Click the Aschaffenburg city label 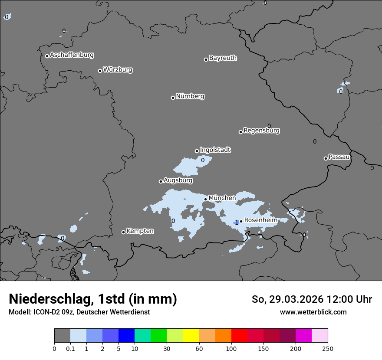pyautogui.click(x=72, y=55)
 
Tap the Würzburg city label pyautogui.click(x=118, y=70)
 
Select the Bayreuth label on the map pyautogui.click(x=223, y=58)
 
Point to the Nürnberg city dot pyautogui.click(x=173, y=98)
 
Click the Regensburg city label pyautogui.click(x=261, y=131)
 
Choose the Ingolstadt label pyautogui.click(x=215, y=150)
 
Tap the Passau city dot pyautogui.click(x=326, y=158)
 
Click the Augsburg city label pyautogui.click(x=178, y=180)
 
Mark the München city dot pyautogui.click(x=205, y=200)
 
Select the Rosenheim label pyautogui.click(x=260, y=220)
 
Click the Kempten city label pyautogui.click(x=140, y=231)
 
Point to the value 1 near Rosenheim pyautogui.click(x=237, y=223)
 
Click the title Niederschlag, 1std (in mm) pyautogui.click(x=93, y=299)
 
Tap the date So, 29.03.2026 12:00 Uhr pyautogui.click(x=312, y=299)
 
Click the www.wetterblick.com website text pyautogui.click(x=313, y=312)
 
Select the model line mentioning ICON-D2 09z pyautogui.click(x=79, y=312)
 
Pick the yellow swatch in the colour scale pyautogui.click(x=191, y=336)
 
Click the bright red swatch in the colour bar pyautogui.click(x=239, y=336)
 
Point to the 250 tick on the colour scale pyautogui.click(x=328, y=348)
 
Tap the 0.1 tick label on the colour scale pyautogui.click(x=70, y=348)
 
